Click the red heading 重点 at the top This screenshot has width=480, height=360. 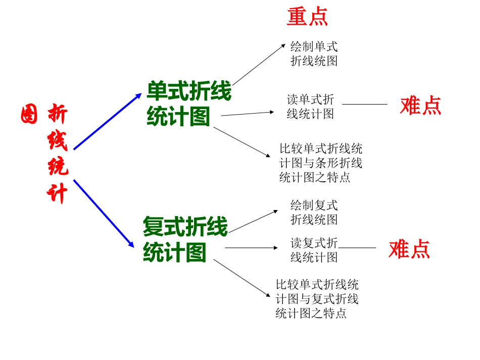(x=307, y=17)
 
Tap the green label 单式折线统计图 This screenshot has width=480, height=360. (x=188, y=105)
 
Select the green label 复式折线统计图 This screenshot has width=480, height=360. (x=185, y=239)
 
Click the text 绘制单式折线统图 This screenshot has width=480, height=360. (x=314, y=54)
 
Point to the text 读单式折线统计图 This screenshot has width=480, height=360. (x=310, y=107)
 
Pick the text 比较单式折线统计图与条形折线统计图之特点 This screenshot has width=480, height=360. (x=320, y=163)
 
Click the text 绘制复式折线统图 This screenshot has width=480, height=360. (x=314, y=213)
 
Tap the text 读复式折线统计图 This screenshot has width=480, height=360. (x=314, y=250)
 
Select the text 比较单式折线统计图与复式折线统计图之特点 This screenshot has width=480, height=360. (x=317, y=298)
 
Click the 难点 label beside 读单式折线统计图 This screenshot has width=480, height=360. (x=420, y=106)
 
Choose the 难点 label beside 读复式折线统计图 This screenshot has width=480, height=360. (x=409, y=249)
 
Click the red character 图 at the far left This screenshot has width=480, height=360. (x=29, y=115)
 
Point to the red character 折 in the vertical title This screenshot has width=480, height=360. (x=57, y=115)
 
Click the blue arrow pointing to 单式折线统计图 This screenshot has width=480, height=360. (x=108, y=122)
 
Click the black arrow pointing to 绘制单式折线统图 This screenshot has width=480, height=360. (x=259, y=65)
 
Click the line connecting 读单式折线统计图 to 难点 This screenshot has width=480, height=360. (x=364, y=104)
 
